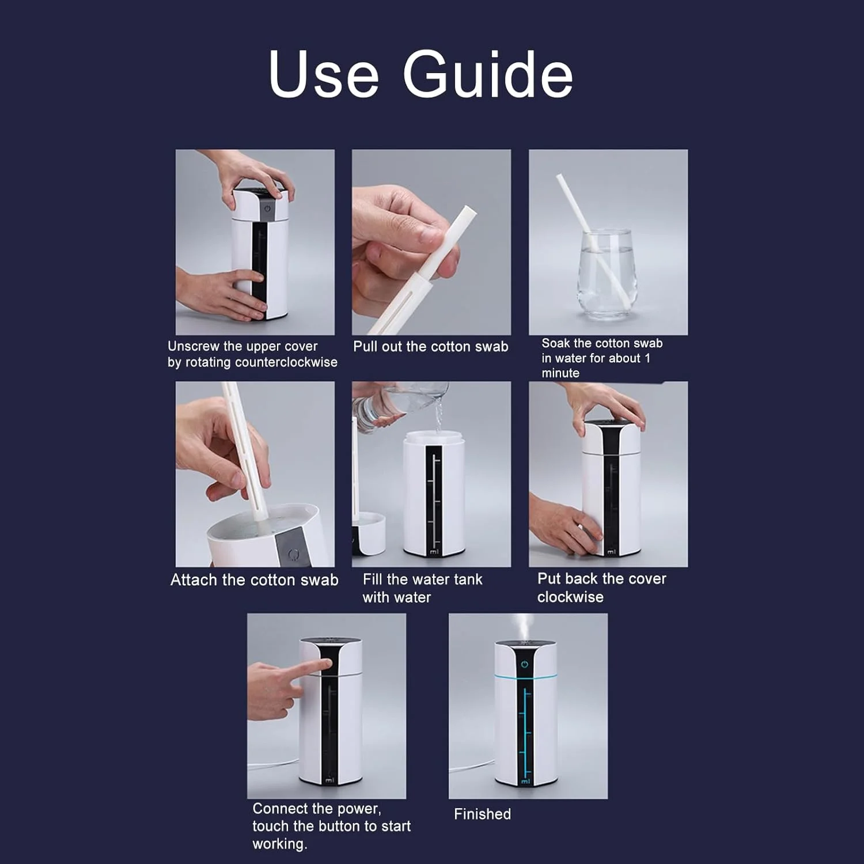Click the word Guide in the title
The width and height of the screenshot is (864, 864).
pyautogui.click(x=487, y=74)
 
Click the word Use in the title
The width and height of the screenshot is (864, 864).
pyautogui.click(x=324, y=74)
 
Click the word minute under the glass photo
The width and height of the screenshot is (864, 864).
pyautogui.click(x=560, y=373)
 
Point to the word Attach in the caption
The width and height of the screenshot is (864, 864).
pyautogui.click(x=194, y=579)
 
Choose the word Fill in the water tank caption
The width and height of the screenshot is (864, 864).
pyautogui.click(x=372, y=579)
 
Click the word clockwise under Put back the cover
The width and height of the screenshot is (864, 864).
pyautogui.click(x=570, y=597)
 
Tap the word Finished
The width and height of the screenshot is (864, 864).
pyautogui.click(x=482, y=814)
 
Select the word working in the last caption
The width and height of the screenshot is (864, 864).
pyautogui.click(x=279, y=844)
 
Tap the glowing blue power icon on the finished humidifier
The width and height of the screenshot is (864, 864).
pyautogui.click(x=524, y=664)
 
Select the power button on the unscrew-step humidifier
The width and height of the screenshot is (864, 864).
pyautogui.click(x=267, y=209)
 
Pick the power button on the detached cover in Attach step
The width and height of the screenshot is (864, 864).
pyautogui.click(x=293, y=555)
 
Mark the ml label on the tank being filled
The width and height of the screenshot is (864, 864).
pyautogui.click(x=434, y=552)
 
